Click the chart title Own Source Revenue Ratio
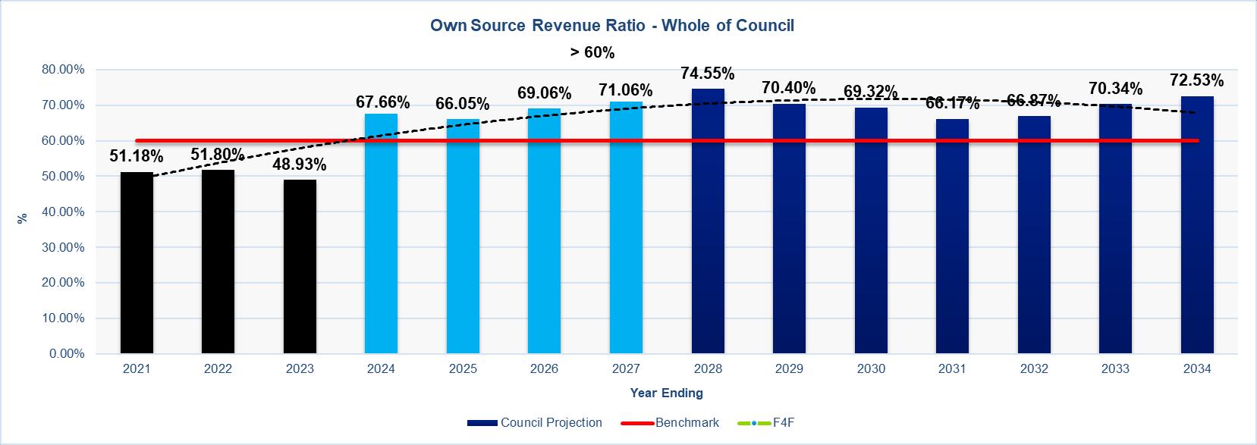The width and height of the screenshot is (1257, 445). click(x=612, y=25)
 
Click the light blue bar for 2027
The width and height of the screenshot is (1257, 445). click(x=626, y=227)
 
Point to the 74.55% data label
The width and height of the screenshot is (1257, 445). click(x=708, y=74)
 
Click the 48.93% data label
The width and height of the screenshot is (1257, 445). click(x=300, y=164)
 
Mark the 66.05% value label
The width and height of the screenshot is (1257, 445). click(x=463, y=103)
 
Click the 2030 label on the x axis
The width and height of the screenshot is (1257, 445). click(x=871, y=369)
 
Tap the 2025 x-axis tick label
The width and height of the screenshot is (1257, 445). click(x=463, y=369)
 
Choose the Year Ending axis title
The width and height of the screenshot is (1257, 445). click(x=666, y=393)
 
